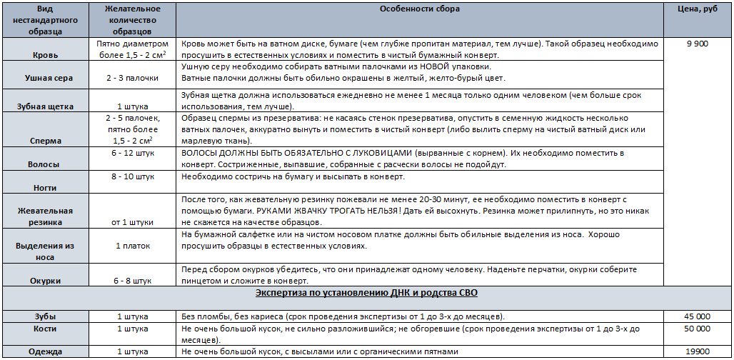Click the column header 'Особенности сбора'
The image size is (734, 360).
click(x=425, y=9)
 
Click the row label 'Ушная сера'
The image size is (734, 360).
click(x=46, y=77)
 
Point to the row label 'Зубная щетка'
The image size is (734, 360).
click(x=46, y=106)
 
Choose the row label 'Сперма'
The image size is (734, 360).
click(x=46, y=142)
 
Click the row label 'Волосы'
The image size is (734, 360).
click(x=46, y=164)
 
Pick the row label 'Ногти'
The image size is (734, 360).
click(x=46, y=188)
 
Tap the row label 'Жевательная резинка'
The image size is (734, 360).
click(x=46, y=216)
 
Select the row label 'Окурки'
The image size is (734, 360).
click(x=46, y=281)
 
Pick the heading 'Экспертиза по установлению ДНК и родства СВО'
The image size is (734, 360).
click(x=366, y=294)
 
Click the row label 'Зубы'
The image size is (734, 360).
click(x=46, y=316)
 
